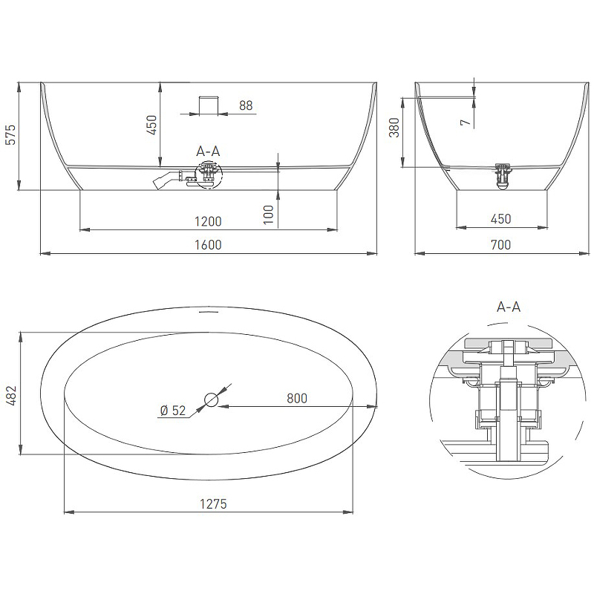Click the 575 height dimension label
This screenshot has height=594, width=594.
click(10, 134)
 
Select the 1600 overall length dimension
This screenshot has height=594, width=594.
click(208, 245)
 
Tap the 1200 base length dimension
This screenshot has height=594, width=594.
click(208, 221)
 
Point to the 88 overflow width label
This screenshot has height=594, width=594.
click(246, 105)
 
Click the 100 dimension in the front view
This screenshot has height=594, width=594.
click(268, 215)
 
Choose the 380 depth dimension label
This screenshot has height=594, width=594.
click(394, 127)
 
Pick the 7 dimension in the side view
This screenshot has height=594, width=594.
click(466, 123)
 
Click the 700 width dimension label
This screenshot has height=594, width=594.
click(500, 245)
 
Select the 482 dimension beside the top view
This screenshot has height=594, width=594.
click(11, 396)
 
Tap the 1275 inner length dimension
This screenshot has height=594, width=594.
click(213, 504)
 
